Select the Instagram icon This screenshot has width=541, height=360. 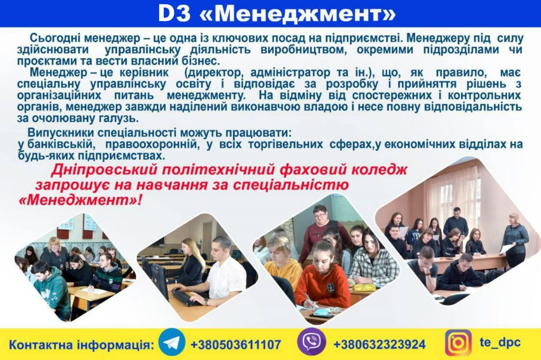coord(458,343)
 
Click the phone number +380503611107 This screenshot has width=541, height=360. coord(236,345)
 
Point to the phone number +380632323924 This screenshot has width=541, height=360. coord(379,344)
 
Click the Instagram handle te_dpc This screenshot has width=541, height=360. coord(500,343)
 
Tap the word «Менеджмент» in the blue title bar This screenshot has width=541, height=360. coord(297,14)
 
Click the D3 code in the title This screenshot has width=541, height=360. coord(174,13)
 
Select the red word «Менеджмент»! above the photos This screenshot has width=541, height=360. coord(80,200)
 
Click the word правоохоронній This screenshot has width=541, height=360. coord(152,144)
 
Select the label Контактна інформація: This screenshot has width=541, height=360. coord(81,345)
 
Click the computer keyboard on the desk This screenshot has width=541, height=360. coord(186,297)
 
